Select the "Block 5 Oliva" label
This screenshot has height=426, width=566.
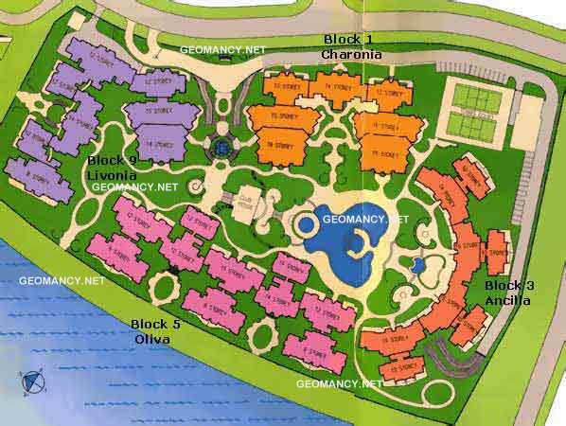pyautogui.click(x=157, y=330)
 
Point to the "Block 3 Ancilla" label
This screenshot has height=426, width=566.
pyautogui.click(x=509, y=293)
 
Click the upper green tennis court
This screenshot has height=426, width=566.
pyautogui.click(x=479, y=97)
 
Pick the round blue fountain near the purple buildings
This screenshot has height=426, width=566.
pyautogui.click(x=221, y=148)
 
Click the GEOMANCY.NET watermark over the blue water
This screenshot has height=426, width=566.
pyautogui.click(x=62, y=280)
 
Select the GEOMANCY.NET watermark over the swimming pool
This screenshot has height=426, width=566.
pyautogui.click(x=364, y=219)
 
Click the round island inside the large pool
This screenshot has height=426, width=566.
pyautogui.click(x=308, y=225)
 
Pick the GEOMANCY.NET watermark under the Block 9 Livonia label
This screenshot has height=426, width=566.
pyautogui.click(x=135, y=187)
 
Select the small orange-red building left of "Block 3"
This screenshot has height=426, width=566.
pyautogui.click(x=494, y=254)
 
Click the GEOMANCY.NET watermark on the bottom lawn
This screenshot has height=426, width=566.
pyautogui.click(x=339, y=383)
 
